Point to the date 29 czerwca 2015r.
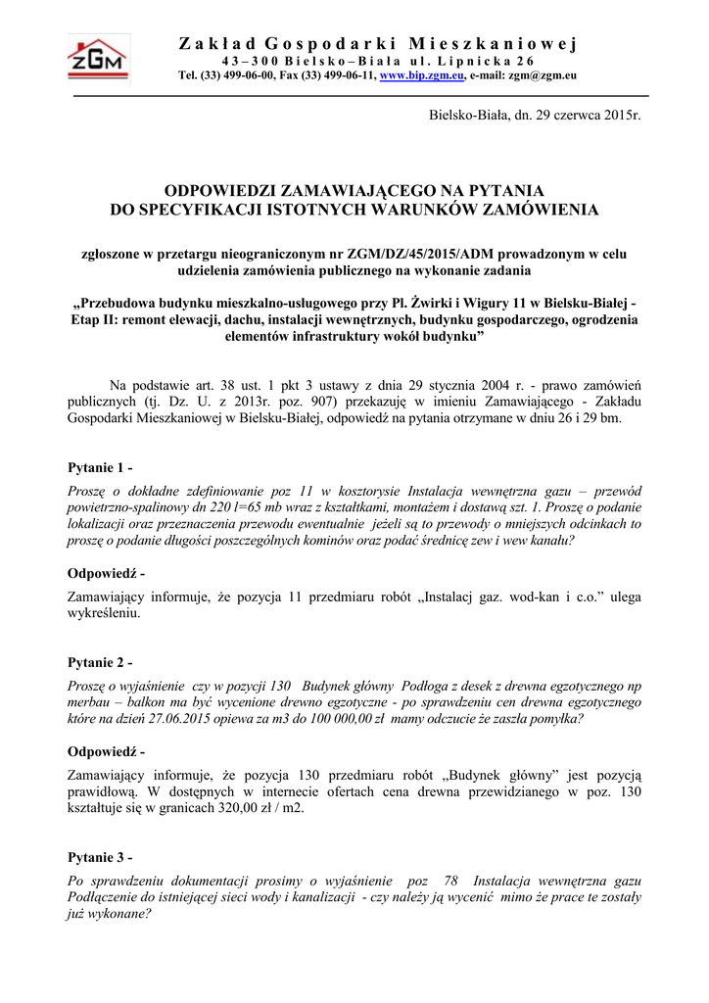click(x=587, y=117)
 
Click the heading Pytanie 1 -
click(x=99, y=466)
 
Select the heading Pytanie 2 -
click(x=99, y=663)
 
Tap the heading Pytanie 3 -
click(x=99, y=859)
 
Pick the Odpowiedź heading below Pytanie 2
click(x=106, y=752)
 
